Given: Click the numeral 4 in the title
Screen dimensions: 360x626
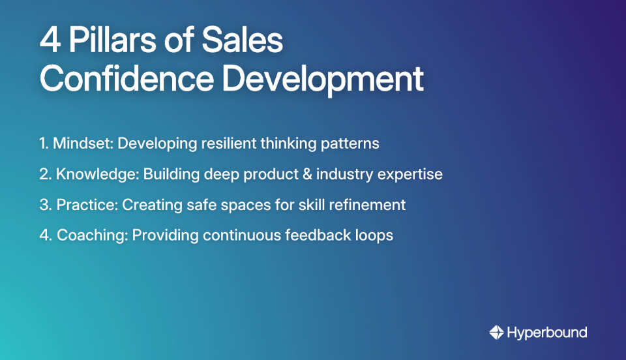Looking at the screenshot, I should (50, 41).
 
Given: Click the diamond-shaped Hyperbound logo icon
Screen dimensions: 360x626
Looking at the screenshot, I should (496, 333).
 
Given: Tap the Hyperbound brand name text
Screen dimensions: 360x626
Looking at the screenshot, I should (546, 333).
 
